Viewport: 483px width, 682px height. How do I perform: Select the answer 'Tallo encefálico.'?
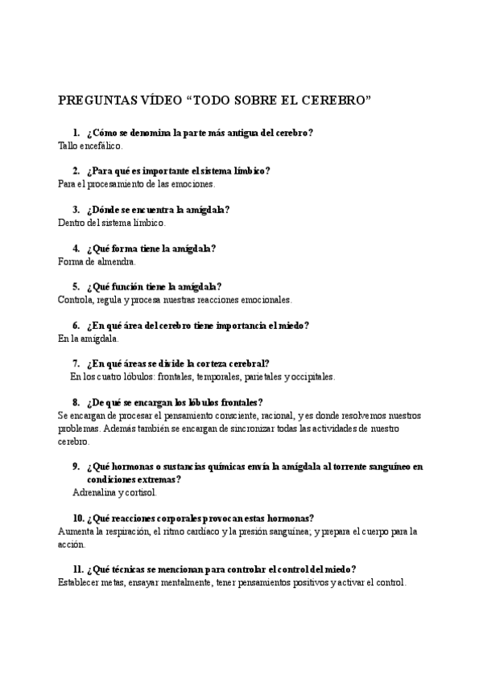coord(91,146)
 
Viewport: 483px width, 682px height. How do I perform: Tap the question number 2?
coord(75,170)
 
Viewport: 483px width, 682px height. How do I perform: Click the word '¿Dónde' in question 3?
coord(105,209)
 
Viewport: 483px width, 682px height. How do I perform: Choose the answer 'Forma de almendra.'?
coord(97,261)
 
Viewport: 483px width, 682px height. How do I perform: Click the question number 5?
coord(75,286)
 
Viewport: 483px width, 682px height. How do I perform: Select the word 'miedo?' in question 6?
coord(292,325)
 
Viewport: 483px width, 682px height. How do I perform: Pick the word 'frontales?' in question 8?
coord(239,402)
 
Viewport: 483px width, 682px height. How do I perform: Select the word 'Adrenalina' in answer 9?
coord(94,492)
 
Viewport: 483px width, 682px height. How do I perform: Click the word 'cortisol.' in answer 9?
coord(140,492)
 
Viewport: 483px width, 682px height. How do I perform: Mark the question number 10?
coord(78,518)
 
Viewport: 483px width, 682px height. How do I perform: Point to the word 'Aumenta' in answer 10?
coord(76,531)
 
